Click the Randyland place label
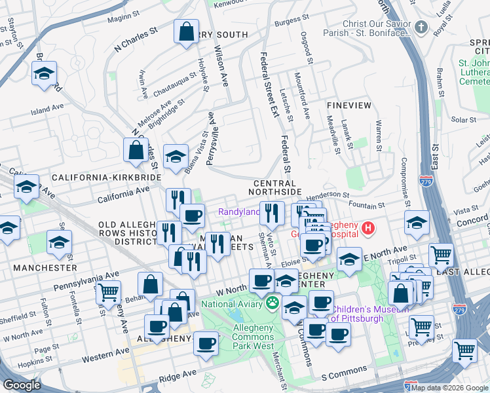pos(239,212)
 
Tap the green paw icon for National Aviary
pos(272,304)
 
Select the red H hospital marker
pos(368,229)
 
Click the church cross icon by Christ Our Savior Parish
pos(421,28)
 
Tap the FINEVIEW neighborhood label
pos(349,105)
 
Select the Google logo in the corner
pos(22,384)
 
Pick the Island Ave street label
pos(47,109)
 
